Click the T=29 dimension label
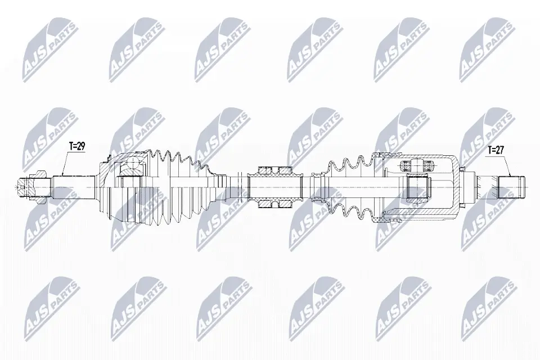77,146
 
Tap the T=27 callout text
496,150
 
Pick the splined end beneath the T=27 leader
512,187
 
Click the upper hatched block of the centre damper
274,170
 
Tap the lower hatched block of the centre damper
274,205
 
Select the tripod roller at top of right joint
417,165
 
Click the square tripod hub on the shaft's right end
417,187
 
